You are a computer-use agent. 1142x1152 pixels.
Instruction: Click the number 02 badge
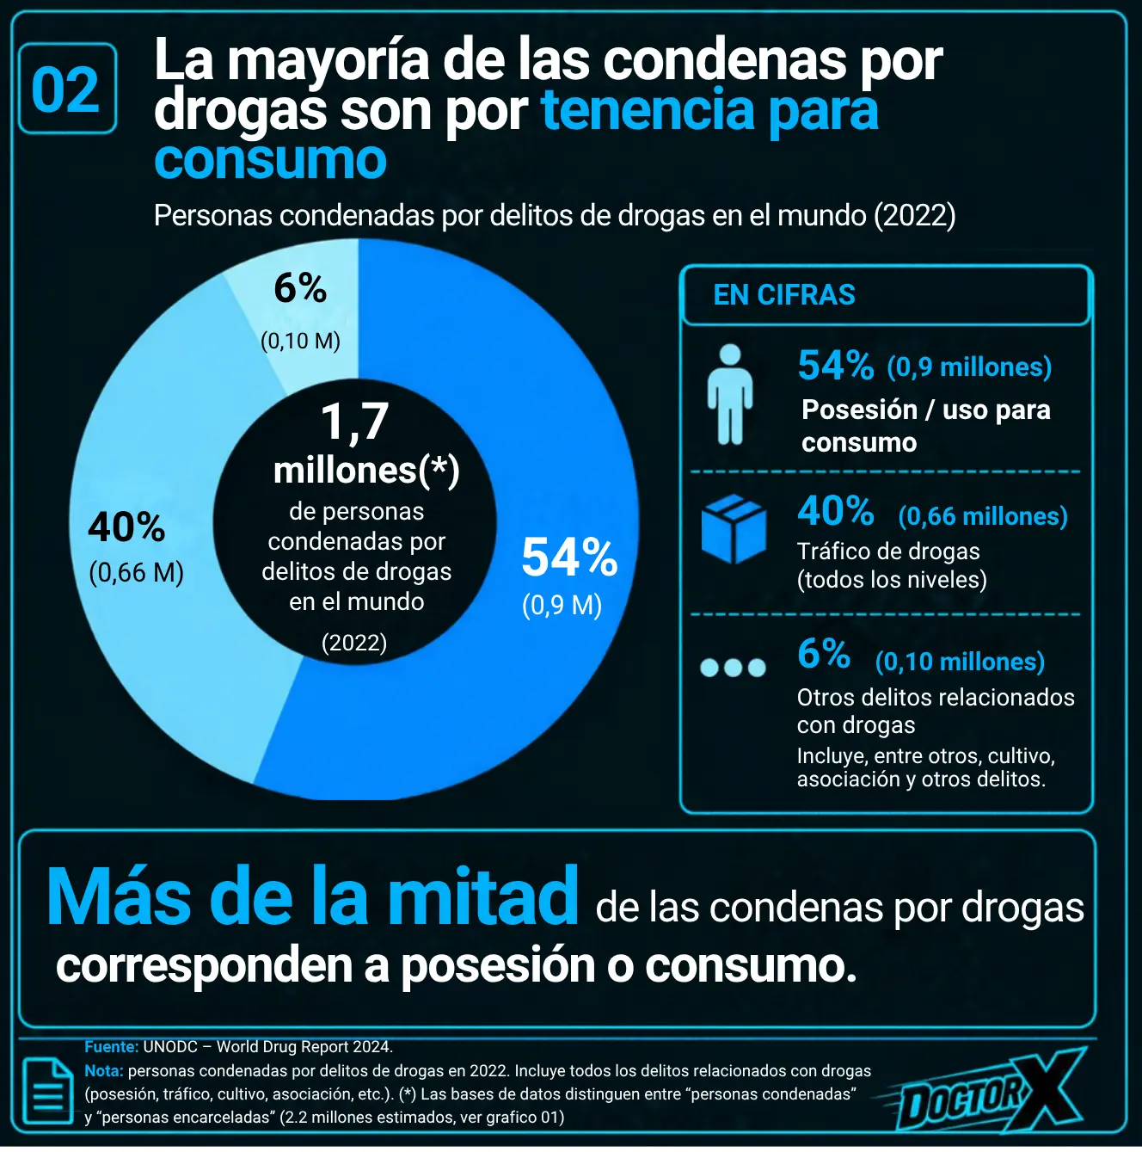pos(67,89)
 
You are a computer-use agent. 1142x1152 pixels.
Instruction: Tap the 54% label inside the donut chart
pos(569,558)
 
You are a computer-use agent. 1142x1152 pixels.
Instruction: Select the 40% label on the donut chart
pos(126,527)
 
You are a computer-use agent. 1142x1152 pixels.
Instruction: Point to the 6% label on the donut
pos(300,288)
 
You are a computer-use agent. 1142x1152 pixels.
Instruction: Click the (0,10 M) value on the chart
pos(300,341)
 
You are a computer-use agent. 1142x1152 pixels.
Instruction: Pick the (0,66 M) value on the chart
pos(136,573)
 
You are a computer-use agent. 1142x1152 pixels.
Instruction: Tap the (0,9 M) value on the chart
pos(562,605)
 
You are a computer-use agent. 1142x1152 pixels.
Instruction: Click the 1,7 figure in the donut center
pos(355,422)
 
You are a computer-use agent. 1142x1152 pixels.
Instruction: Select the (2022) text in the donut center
pos(354,643)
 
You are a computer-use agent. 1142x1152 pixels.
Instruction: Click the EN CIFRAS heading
pos(784,295)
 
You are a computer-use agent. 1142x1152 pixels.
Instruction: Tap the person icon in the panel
pos(730,394)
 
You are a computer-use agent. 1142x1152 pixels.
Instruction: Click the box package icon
pos(734,528)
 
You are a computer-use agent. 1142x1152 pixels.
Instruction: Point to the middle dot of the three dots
pos(733,667)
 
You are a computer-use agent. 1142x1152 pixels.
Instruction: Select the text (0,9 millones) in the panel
pos(968,367)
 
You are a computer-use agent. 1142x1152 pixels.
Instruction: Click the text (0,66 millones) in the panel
pos(982,516)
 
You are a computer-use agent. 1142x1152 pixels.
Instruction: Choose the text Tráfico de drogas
pos(888,551)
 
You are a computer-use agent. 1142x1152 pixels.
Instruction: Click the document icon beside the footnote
pos(48,1092)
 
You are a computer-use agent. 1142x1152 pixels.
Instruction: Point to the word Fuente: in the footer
pos(112,1047)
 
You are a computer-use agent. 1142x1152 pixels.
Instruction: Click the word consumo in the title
pos(271,160)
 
